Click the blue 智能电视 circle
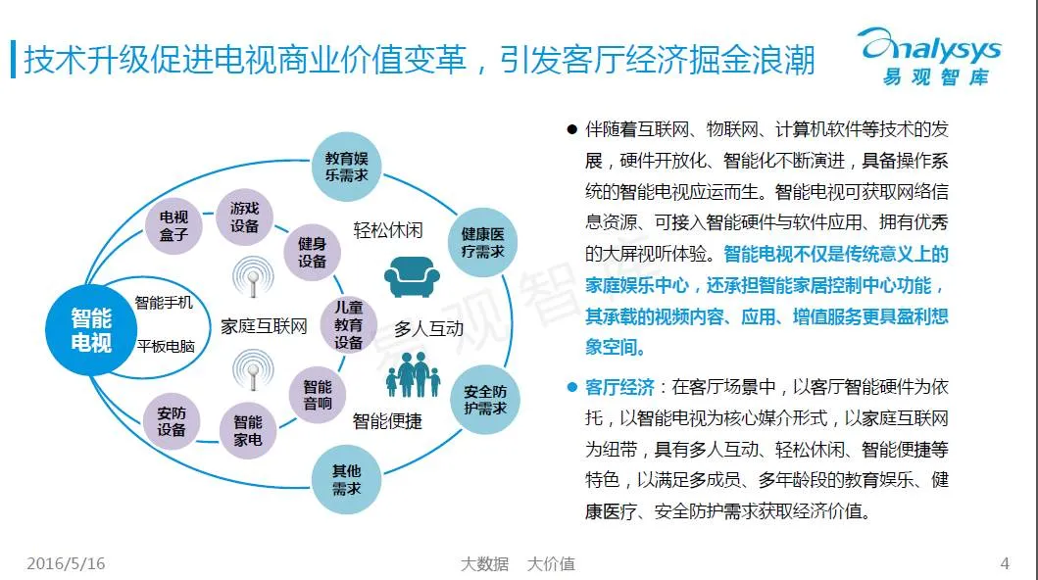pyautogui.click(x=91, y=328)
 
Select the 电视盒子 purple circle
pyautogui.click(x=173, y=225)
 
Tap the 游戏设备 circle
pyautogui.click(x=244, y=217)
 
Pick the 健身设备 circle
pyautogui.click(x=312, y=252)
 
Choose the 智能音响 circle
pyautogui.click(x=317, y=395)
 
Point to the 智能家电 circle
pyautogui.click(x=247, y=430)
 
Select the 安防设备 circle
pyautogui.click(x=172, y=421)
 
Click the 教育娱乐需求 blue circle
pyautogui.click(x=345, y=166)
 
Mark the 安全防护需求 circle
pyautogui.click(x=484, y=399)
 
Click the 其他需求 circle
pyautogui.click(x=346, y=480)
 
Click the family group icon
pyautogui.click(x=414, y=375)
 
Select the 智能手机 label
pyautogui.click(x=164, y=302)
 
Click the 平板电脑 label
pyautogui.click(x=166, y=346)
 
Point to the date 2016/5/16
pyautogui.click(x=66, y=564)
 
